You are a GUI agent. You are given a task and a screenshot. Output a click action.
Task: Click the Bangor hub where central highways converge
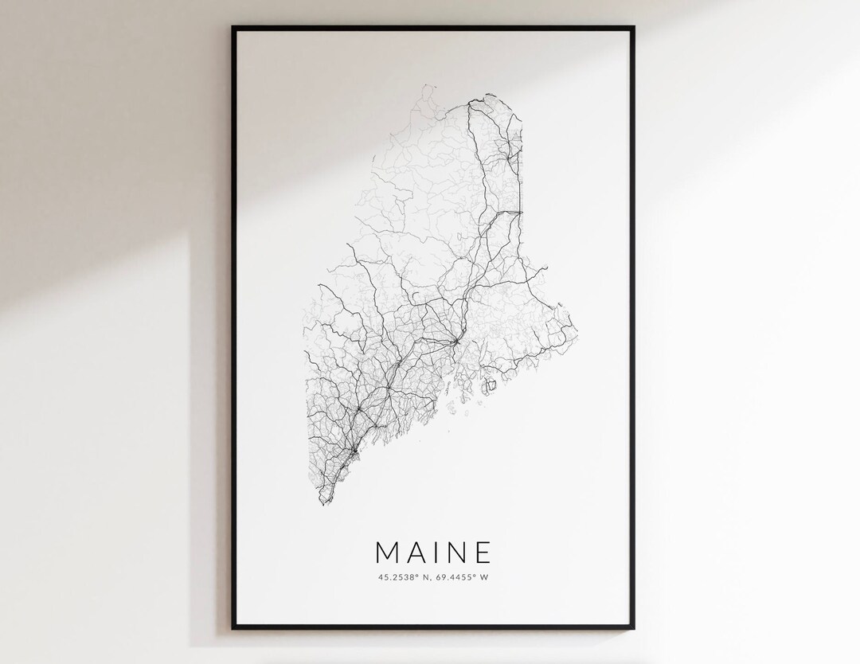454,342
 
